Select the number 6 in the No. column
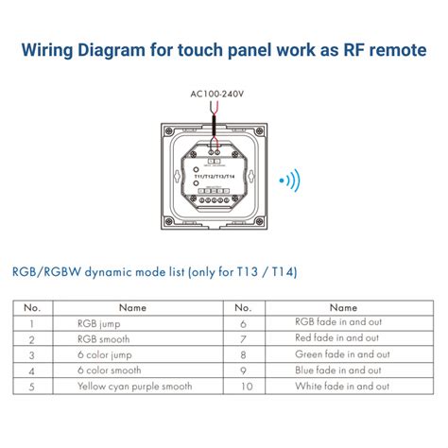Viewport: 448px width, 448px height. [242, 322]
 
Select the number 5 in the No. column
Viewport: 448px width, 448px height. [32, 387]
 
